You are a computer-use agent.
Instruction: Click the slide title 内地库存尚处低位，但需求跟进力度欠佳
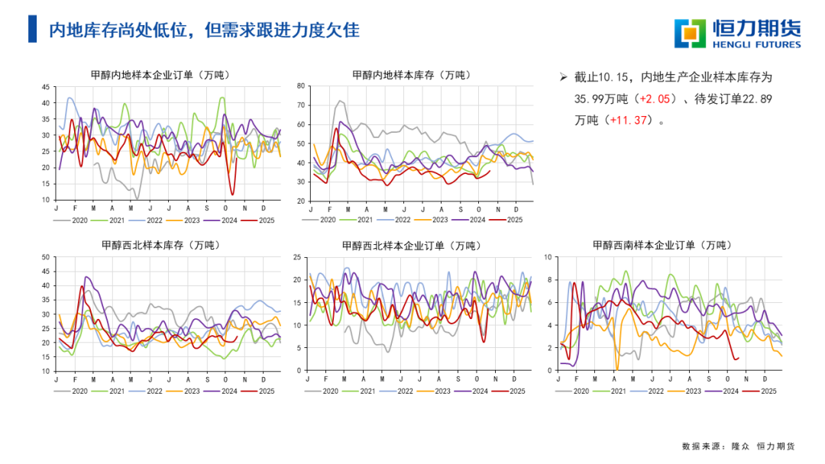tap(204, 30)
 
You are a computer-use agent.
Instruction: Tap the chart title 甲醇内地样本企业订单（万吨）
tap(160, 75)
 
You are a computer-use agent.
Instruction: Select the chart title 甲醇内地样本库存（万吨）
tap(412, 75)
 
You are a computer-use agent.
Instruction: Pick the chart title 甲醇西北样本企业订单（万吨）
tap(412, 246)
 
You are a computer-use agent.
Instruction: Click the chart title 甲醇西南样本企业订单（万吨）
tap(662, 246)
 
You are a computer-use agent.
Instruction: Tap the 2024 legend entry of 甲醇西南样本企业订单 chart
tap(729, 391)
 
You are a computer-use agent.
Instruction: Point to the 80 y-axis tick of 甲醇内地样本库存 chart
tap(301, 86)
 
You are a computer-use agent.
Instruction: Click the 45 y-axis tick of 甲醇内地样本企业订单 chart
tap(47, 86)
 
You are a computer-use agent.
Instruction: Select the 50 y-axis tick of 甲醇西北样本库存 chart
tap(47, 257)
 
